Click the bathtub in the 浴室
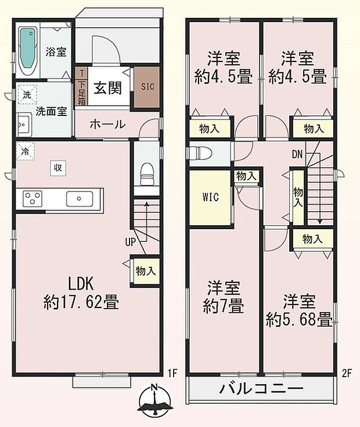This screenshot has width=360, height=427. coord(27,50)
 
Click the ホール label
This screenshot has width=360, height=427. coord(107,124)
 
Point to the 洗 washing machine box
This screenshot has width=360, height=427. coord(27,94)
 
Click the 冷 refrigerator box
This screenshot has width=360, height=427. coord(25,150)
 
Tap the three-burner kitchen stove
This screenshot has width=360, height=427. coord(32,199)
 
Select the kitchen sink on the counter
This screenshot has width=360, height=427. coord(77,199)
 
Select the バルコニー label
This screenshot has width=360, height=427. coord(261,389)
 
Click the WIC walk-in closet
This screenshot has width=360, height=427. coord(210,197)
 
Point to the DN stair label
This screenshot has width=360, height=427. coord(297,154)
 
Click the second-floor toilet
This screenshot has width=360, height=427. coord(199,154)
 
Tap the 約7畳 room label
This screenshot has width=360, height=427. coord(223,297)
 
